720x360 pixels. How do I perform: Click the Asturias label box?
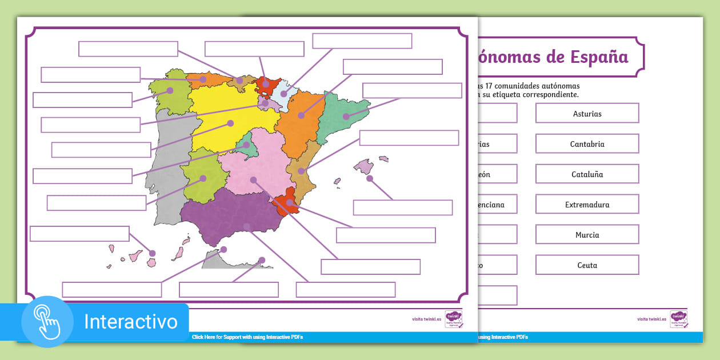pos(587,113)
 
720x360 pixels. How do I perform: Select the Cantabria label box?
pos(587,143)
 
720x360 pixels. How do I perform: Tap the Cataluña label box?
pos(587,174)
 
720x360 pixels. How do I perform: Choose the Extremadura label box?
pos(587,204)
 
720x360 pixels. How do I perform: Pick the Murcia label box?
pos(587,234)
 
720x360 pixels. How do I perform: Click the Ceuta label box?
pos(587,265)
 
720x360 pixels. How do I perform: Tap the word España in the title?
pos(599,57)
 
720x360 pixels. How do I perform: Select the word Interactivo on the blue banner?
pos(130,322)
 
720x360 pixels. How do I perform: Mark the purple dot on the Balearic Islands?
pos(370,178)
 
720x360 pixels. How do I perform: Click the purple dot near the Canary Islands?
pos(152,253)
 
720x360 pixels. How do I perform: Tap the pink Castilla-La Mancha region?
pos(254,166)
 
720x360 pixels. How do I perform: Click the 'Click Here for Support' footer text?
pos(247,337)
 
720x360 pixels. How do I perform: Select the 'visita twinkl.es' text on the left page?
pos(426,319)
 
